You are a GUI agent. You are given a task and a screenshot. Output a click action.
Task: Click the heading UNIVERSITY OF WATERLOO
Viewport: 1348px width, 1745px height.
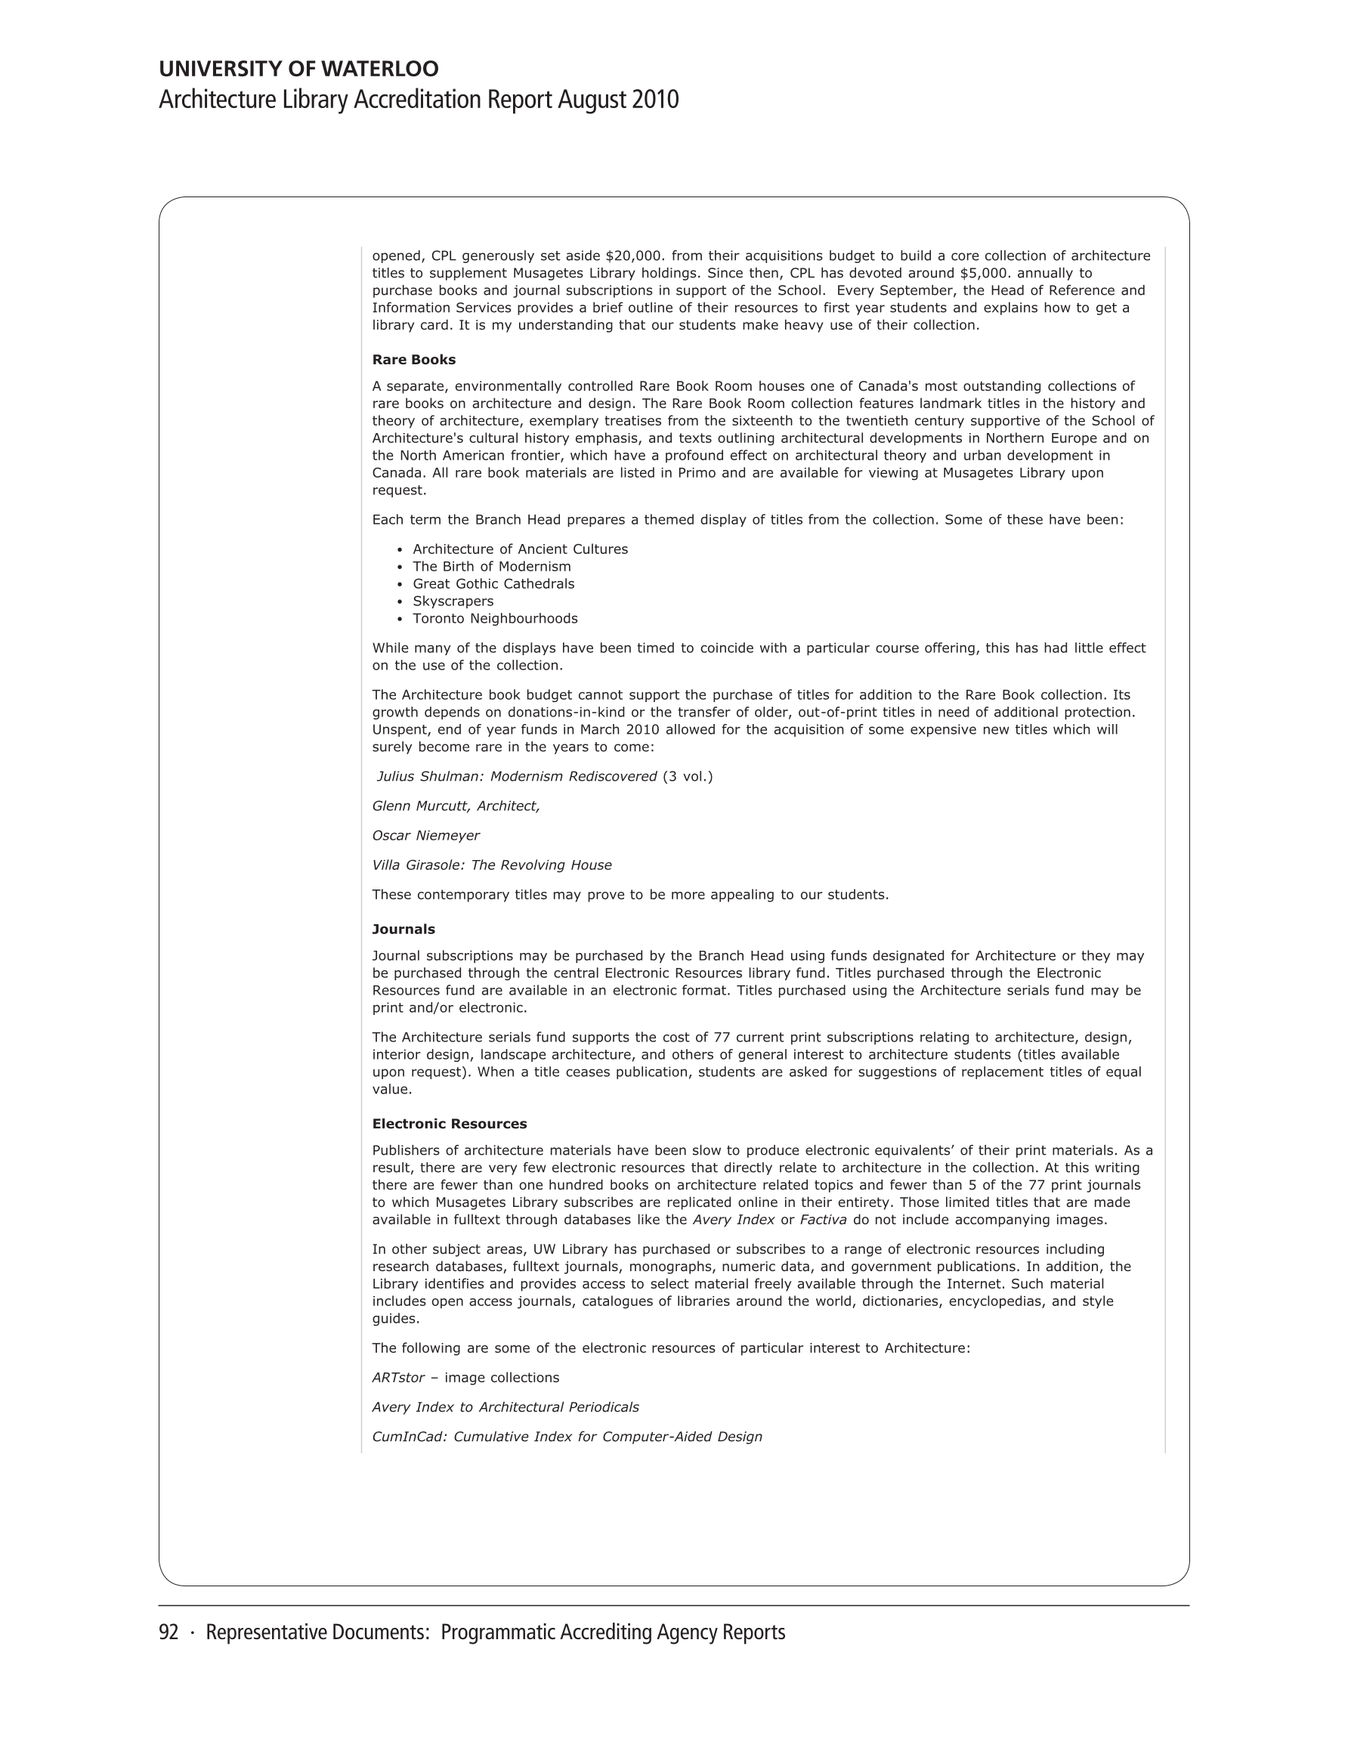coord(298,69)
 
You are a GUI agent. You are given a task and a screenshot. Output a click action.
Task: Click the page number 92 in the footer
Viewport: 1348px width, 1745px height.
coord(168,1632)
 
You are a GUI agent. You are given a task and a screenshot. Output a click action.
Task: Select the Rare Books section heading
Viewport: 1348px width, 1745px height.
coord(413,360)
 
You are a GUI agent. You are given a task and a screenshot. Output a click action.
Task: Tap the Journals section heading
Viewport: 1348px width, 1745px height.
coord(403,930)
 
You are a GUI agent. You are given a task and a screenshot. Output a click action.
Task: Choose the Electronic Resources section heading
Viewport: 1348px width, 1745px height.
coord(449,1123)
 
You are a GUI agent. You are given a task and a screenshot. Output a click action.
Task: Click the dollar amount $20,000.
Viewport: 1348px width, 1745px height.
coord(635,255)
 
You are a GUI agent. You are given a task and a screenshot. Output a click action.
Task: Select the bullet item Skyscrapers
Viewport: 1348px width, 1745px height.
coord(453,601)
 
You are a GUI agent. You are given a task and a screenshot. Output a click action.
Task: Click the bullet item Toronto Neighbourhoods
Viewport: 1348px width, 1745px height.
coord(495,618)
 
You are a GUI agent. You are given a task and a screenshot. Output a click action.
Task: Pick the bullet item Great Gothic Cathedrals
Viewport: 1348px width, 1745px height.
coord(493,583)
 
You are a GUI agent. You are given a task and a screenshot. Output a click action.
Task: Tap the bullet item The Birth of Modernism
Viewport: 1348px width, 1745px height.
coord(491,567)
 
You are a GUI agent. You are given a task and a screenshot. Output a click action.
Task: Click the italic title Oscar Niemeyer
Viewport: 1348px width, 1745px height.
coord(426,836)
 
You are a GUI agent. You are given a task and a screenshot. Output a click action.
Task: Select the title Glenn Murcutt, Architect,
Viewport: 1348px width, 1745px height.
coord(456,806)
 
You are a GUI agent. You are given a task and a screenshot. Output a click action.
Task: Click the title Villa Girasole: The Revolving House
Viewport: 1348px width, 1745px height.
coord(491,865)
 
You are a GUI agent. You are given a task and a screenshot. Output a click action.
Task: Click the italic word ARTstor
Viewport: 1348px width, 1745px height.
coord(398,1378)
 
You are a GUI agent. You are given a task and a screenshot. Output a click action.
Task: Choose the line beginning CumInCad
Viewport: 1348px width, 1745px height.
coord(567,1437)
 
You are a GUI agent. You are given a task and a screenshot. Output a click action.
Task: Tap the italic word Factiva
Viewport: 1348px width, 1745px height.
coord(823,1220)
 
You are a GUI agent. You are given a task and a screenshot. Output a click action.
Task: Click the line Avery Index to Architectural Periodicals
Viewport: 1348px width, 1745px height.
coord(505,1407)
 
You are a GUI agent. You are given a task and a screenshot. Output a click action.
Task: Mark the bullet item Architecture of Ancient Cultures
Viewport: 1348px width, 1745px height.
coord(520,549)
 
